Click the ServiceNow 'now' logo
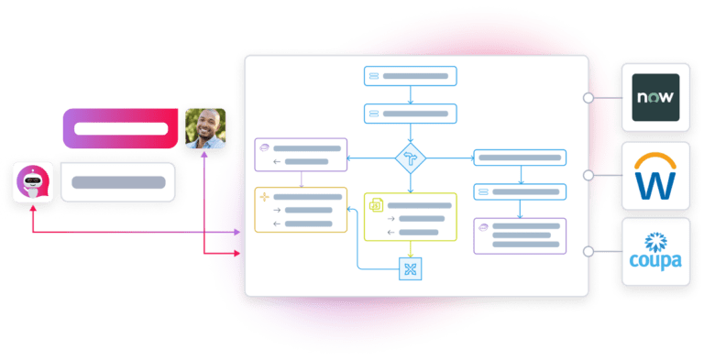pyautogui.click(x=655, y=97)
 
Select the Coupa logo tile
pyautogui.click(x=655, y=252)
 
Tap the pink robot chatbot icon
pyautogui.click(x=33, y=181)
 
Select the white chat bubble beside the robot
pyautogui.click(x=117, y=181)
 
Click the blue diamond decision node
pyautogui.click(x=411, y=158)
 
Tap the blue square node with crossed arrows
pyautogui.click(x=410, y=268)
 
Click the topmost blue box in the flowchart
pyautogui.click(x=410, y=77)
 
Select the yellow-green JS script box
pyautogui.click(x=410, y=216)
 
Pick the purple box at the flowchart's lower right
pyautogui.click(x=520, y=235)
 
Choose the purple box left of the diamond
pyautogui.click(x=301, y=154)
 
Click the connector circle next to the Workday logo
pyautogui.click(x=588, y=174)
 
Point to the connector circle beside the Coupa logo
pyautogui.click(x=588, y=251)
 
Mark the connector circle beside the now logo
pyautogui.click(x=588, y=97)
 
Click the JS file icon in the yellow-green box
pyautogui.click(x=375, y=205)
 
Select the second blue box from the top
pyautogui.click(x=410, y=114)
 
